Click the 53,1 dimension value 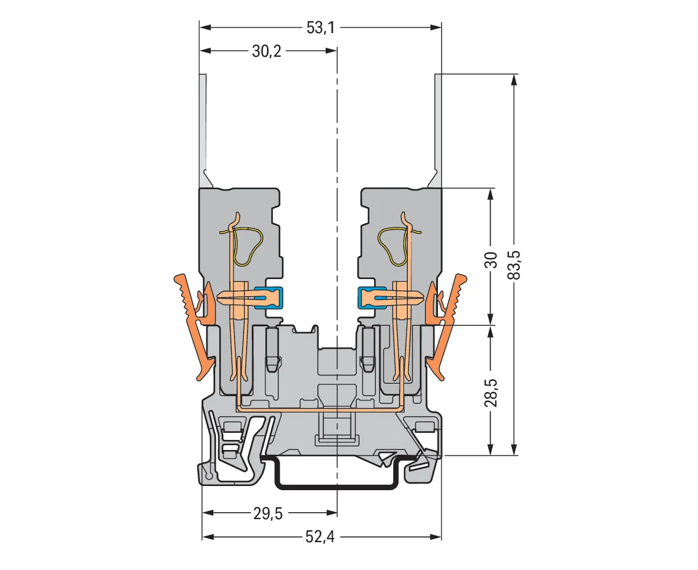[x=320, y=28]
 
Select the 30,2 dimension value [x=267, y=51]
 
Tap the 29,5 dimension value [x=268, y=513]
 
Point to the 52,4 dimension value [x=320, y=537]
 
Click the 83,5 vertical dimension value [x=515, y=264]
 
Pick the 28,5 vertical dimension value [x=491, y=393]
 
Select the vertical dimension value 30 [x=491, y=260]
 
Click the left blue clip [x=270, y=297]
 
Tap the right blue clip [x=372, y=297]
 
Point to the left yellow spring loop [x=245, y=246]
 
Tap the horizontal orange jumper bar [x=320, y=407]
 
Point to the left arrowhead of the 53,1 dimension [x=204, y=28]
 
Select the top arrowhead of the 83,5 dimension [x=515, y=79]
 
